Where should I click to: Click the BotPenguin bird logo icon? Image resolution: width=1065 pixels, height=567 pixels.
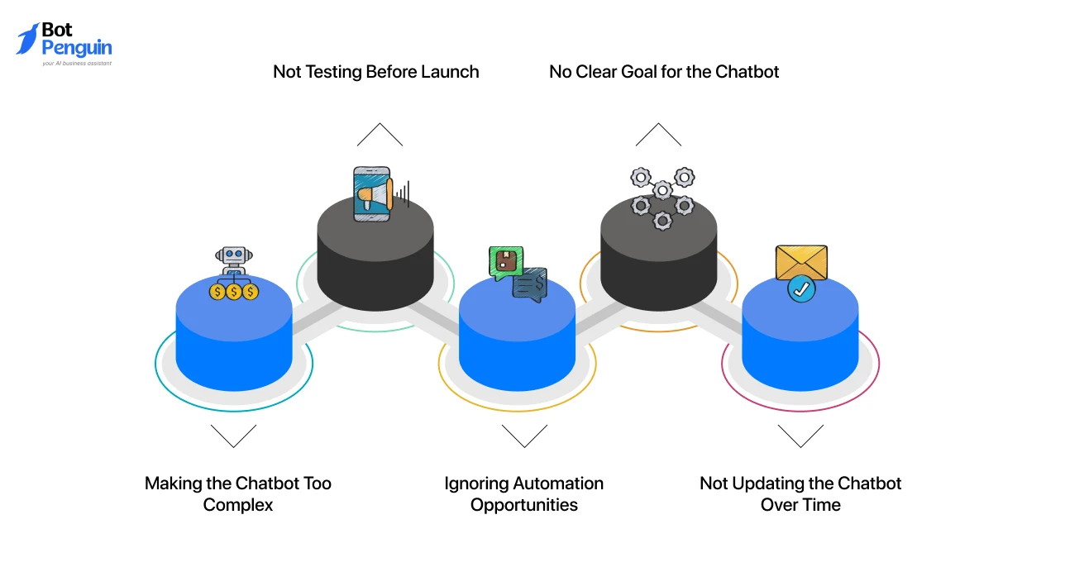point(27,39)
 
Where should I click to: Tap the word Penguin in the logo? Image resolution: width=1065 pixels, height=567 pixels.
point(77,49)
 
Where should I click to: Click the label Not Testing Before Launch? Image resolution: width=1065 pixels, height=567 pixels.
point(375,72)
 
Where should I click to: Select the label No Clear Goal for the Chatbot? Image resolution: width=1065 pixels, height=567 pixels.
point(664,72)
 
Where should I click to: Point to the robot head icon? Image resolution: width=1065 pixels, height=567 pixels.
point(233,255)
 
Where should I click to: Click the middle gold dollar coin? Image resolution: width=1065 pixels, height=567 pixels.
point(234,292)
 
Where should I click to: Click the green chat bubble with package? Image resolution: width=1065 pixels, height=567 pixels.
point(506,262)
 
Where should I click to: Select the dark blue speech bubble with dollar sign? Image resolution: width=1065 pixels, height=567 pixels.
point(530,284)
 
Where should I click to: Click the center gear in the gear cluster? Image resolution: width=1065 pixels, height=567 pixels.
point(662,191)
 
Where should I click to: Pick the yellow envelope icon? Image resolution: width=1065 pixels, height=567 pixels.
point(801,262)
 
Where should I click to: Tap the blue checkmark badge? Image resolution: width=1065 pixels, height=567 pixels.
point(801,288)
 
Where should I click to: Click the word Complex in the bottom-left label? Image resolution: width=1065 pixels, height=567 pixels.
point(238,505)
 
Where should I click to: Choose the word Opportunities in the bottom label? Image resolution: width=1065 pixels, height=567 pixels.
point(524,505)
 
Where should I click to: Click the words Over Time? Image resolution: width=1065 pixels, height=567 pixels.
point(800,505)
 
